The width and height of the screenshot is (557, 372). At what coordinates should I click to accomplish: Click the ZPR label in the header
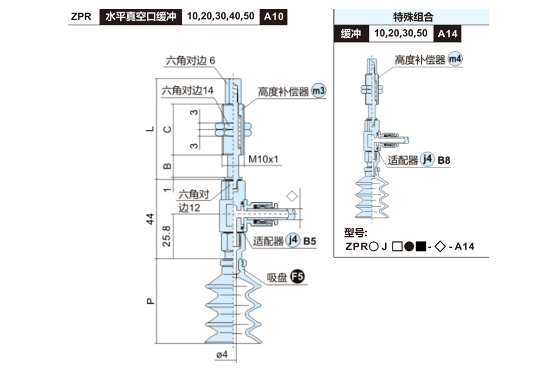coord(81,17)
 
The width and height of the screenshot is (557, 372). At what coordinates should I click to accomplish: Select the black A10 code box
coord(274,17)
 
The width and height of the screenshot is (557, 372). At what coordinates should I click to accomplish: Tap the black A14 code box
coord(447,34)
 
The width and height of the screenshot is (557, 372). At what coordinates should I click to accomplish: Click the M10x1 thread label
coord(264,159)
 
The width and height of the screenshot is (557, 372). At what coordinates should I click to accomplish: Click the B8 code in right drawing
coord(444,160)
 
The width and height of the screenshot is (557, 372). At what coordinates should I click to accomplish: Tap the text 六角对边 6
coord(191,61)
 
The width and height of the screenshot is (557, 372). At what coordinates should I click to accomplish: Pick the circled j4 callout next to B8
coord(427,159)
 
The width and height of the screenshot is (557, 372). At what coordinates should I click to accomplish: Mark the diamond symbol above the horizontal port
coord(291,195)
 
